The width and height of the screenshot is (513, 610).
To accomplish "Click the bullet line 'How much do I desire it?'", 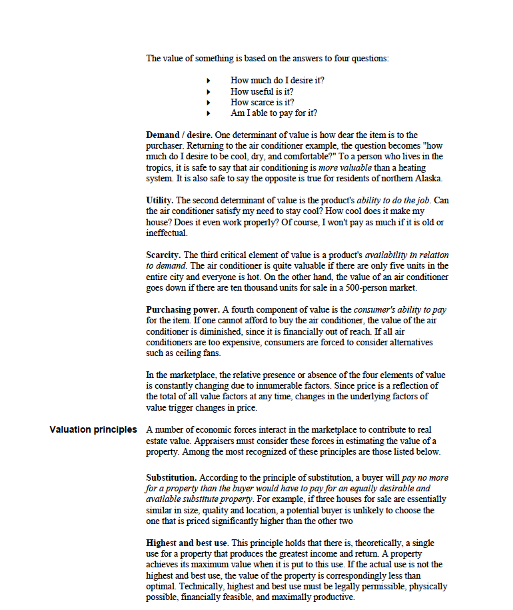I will point(277,81).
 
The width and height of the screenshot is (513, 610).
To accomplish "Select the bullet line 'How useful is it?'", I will point(262,91).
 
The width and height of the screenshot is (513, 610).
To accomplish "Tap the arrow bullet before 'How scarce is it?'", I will point(209,103).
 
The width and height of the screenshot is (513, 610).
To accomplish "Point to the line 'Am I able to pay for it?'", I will point(273,113).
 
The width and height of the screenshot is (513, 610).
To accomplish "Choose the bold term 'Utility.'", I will point(160,200).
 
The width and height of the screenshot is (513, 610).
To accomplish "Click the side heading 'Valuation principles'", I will point(93,429).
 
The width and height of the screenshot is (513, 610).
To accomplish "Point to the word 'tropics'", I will point(159,167).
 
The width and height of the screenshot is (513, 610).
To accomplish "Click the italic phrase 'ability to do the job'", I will point(393,200).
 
